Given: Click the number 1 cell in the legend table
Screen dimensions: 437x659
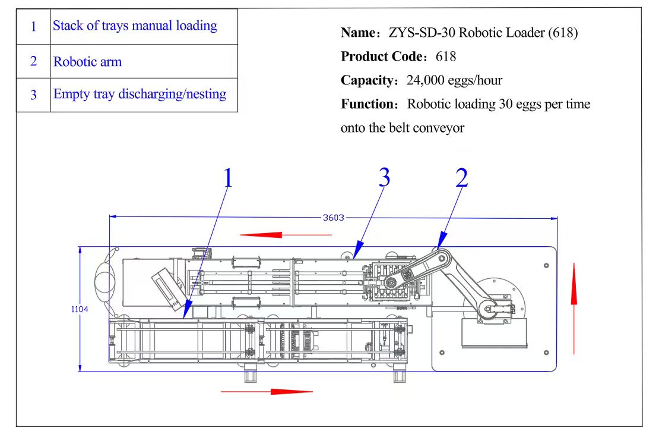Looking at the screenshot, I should (x=33, y=27).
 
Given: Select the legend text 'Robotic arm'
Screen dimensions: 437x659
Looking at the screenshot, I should (x=87, y=62).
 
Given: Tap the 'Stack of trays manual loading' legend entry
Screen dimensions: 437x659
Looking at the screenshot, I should (x=135, y=26).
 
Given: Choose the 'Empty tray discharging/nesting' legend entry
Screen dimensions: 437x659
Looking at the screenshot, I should (x=140, y=94).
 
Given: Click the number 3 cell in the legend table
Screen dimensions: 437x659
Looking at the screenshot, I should (x=33, y=95).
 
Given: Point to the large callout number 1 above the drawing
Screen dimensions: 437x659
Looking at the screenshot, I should (x=227, y=178).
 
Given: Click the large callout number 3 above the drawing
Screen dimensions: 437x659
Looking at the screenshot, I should (x=384, y=177).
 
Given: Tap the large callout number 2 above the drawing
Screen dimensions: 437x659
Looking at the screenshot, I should (x=461, y=177).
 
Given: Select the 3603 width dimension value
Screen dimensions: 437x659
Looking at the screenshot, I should (x=333, y=218).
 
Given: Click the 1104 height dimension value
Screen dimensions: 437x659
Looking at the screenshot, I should (x=80, y=309).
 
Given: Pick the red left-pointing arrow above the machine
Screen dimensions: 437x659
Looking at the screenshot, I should (x=286, y=235).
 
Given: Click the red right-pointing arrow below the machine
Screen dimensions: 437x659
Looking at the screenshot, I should (x=267, y=391).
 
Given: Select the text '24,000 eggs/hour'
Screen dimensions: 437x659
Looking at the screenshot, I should (x=454, y=80).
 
